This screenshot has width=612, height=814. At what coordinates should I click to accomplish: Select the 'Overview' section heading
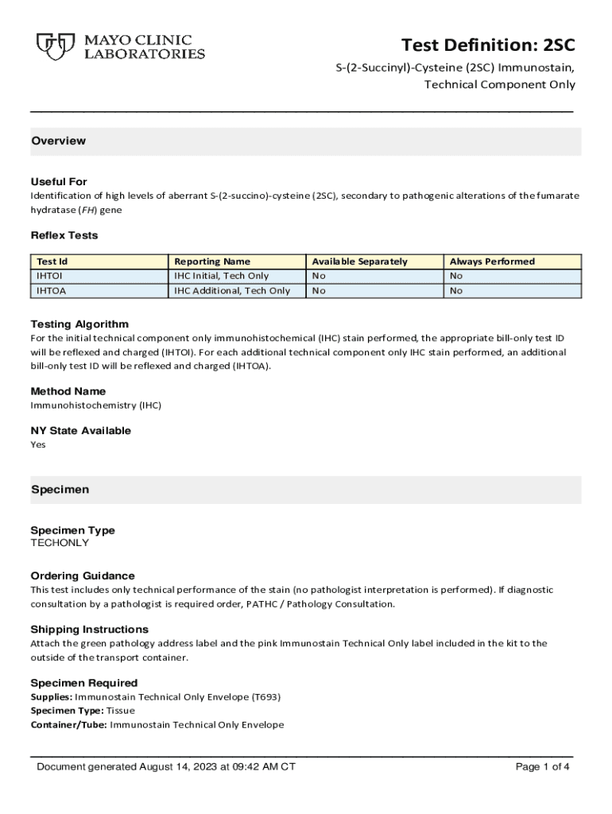tap(58, 141)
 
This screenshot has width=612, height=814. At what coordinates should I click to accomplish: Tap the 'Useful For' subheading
tap(59, 181)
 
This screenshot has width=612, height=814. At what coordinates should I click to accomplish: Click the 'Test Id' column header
tap(52, 262)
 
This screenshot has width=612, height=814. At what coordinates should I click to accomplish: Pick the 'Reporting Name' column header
tap(212, 262)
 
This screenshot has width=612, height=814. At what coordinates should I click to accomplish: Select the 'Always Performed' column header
tap(492, 262)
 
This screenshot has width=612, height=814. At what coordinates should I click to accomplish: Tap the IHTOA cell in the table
tap(51, 291)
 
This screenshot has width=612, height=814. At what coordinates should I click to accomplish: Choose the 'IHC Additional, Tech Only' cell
tap(232, 291)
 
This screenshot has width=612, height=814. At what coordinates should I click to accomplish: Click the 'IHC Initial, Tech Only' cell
tap(222, 276)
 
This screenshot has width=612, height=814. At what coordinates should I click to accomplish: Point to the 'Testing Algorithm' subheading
tap(79, 324)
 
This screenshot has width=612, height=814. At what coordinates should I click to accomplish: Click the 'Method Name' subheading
tap(68, 391)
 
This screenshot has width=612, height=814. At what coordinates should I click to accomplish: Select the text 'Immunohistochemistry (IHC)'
tap(95, 405)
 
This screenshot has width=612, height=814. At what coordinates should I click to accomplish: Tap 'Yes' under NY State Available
tap(38, 444)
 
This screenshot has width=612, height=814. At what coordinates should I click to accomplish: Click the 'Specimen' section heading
tap(60, 490)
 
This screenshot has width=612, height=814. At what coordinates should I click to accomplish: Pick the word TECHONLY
tap(60, 543)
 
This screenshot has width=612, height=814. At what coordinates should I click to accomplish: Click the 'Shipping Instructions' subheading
tap(89, 629)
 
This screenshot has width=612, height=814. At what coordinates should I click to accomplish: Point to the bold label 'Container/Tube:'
tap(69, 725)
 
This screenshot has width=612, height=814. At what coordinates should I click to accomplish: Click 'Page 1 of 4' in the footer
tap(543, 767)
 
